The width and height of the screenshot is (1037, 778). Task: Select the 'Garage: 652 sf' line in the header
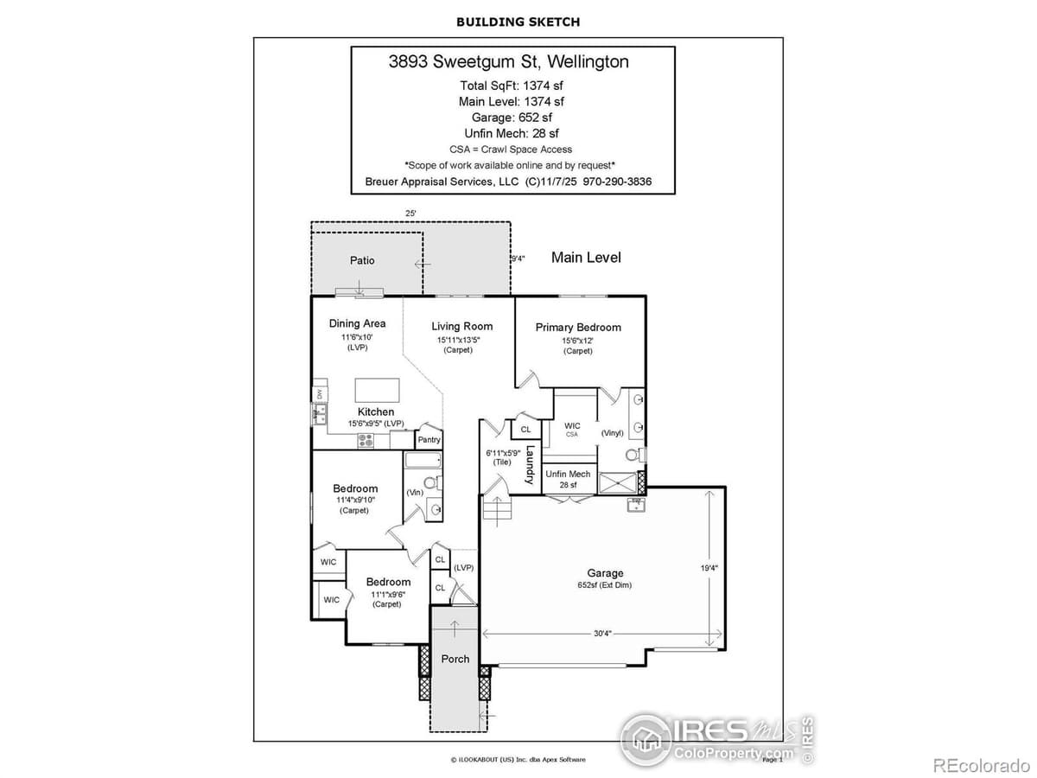point(512,117)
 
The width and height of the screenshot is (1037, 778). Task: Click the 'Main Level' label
point(586,258)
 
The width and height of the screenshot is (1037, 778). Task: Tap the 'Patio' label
point(362,260)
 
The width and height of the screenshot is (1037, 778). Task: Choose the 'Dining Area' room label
point(357,323)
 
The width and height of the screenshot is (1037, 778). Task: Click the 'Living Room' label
point(461,326)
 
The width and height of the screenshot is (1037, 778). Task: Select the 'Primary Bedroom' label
point(578,327)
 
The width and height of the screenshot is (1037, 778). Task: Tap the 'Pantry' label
point(429,439)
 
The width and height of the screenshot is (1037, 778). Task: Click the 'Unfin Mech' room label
point(568,474)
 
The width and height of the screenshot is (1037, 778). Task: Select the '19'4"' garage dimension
point(709,568)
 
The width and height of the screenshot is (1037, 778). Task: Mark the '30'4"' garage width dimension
point(602,633)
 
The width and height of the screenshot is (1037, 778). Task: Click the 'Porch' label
point(455,659)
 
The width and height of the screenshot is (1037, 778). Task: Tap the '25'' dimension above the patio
point(410,213)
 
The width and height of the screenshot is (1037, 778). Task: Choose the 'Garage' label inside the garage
point(605,573)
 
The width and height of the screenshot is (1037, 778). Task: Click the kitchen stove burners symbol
point(366,439)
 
